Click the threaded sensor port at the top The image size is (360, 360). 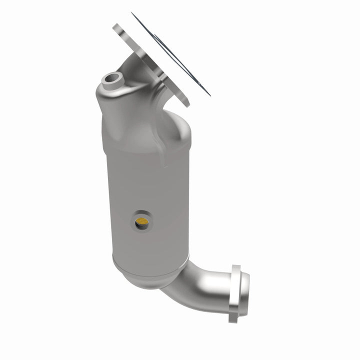pos(111,79)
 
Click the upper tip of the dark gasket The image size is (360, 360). pos(133,13)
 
